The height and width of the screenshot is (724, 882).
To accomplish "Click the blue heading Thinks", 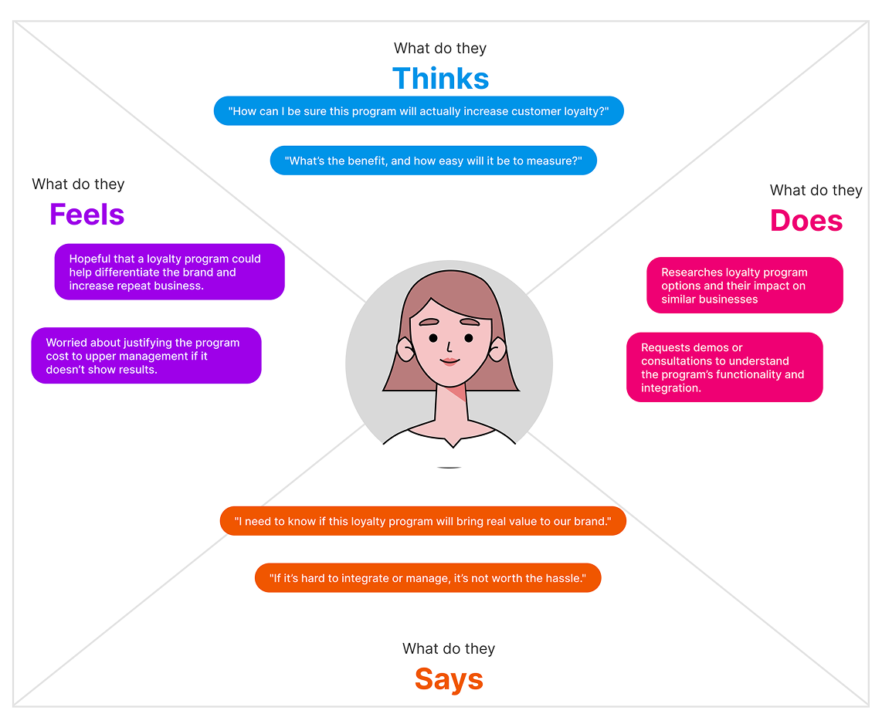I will point(440,79).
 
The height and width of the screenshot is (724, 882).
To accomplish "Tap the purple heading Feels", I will point(87,215).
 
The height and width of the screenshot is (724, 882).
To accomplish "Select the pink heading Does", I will point(806,221).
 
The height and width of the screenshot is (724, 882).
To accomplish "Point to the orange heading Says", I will point(449,679).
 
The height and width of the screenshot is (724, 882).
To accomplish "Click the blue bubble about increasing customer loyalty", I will point(419,111).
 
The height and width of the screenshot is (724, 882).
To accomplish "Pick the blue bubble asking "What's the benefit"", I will point(433,161).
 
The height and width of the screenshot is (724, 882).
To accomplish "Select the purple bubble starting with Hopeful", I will point(169,272).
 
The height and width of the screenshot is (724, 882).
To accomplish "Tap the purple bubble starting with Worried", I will point(146,356).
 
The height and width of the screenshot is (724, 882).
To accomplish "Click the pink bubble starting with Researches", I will point(745,286).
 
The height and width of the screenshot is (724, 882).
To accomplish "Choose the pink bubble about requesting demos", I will point(724,367).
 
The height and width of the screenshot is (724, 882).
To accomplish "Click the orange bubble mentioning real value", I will point(422,521).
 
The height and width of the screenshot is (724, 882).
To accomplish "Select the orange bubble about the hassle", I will point(427,577).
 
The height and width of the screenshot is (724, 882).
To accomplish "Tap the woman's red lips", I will point(449,360).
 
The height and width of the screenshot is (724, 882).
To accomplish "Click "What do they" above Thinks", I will point(440,49).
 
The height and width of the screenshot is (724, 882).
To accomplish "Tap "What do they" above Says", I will point(449,648).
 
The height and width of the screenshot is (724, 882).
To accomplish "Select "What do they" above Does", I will point(816,191).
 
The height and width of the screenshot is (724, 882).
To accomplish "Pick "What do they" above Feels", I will point(78,184).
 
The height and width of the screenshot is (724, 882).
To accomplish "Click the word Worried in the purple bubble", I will point(67,343).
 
